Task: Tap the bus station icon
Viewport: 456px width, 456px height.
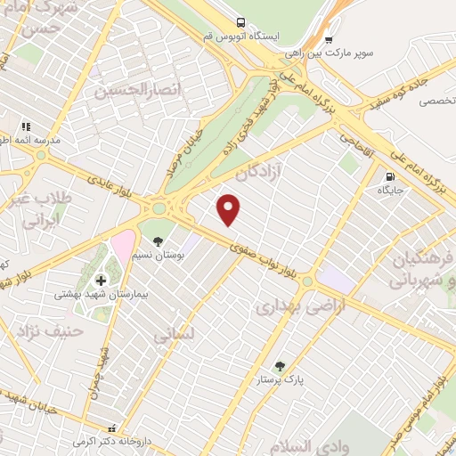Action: tap(239, 22)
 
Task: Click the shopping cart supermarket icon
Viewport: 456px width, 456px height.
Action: tap(330, 39)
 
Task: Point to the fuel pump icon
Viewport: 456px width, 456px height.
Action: tap(391, 175)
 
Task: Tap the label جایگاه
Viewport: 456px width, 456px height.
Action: tap(391, 190)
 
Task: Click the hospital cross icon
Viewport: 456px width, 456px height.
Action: tap(100, 281)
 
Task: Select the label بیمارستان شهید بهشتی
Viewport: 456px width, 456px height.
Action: tap(94, 294)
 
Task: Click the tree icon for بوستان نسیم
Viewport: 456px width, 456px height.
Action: tap(158, 241)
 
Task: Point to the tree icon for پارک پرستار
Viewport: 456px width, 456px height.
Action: tap(281, 365)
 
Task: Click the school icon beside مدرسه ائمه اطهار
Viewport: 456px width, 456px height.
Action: tap(26, 127)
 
